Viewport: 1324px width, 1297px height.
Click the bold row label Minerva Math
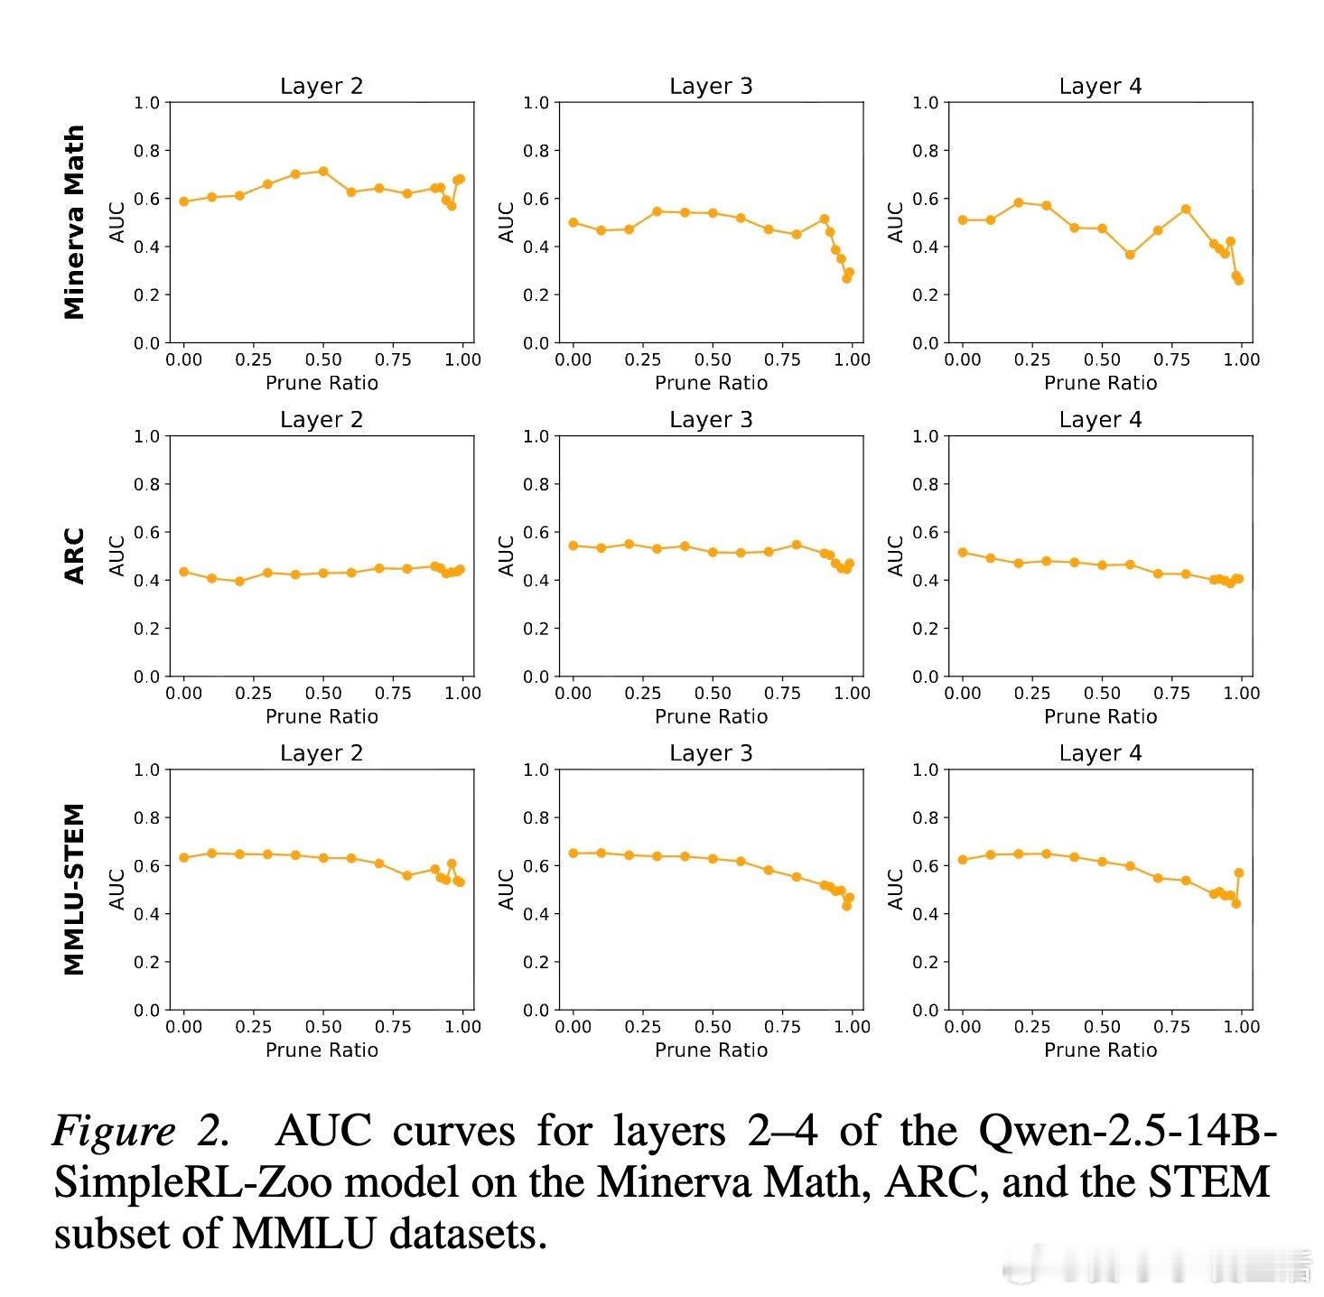[74, 222]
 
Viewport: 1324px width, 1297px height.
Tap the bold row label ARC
[74, 555]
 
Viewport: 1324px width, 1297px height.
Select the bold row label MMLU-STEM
[74, 890]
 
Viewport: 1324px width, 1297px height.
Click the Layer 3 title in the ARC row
[711, 420]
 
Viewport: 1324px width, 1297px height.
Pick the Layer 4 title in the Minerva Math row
[1100, 87]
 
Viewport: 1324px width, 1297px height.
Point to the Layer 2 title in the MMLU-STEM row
[322, 753]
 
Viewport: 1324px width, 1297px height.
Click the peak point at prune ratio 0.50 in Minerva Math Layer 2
[323, 172]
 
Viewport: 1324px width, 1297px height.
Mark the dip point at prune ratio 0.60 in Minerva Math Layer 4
[1130, 255]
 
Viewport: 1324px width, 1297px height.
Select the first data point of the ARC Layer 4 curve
[963, 553]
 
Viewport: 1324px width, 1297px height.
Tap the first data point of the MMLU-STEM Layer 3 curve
[573, 854]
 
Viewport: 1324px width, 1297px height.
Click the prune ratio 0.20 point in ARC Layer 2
[239, 582]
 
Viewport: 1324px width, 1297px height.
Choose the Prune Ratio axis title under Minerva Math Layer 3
[711, 383]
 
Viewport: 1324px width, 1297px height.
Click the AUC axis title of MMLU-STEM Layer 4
[896, 890]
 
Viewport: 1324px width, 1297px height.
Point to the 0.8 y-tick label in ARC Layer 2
[146, 484]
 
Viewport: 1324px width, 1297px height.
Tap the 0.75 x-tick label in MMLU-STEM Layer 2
[393, 1027]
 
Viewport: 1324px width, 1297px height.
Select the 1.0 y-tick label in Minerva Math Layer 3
[536, 103]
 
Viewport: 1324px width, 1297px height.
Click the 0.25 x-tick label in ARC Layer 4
[1032, 694]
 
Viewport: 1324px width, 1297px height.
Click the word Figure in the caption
[114, 1131]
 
